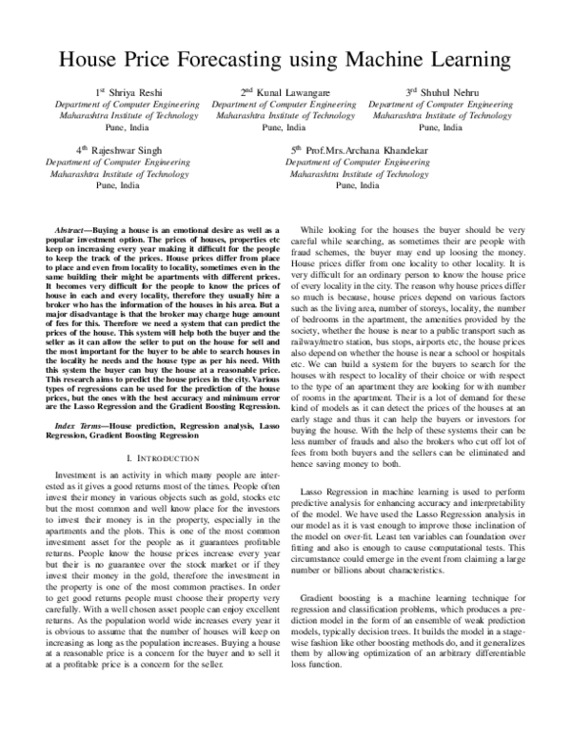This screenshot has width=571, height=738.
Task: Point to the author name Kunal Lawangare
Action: pos(290,91)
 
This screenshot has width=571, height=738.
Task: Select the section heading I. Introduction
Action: pos(158,432)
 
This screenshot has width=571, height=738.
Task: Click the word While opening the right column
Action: pos(318,231)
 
